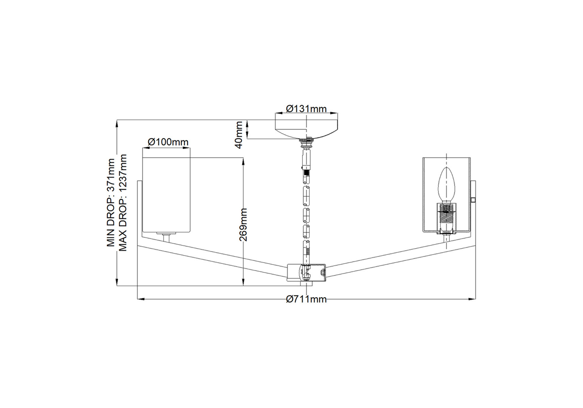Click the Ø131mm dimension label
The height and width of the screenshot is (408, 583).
tap(306, 108)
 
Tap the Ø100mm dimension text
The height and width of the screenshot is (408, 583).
tap(168, 142)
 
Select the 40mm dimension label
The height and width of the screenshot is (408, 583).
tap(239, 135)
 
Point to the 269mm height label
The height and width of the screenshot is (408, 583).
tap(243, 225)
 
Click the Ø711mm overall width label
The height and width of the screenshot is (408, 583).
tap(306, 299)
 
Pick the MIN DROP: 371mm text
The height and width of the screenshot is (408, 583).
tap(111, 203)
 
